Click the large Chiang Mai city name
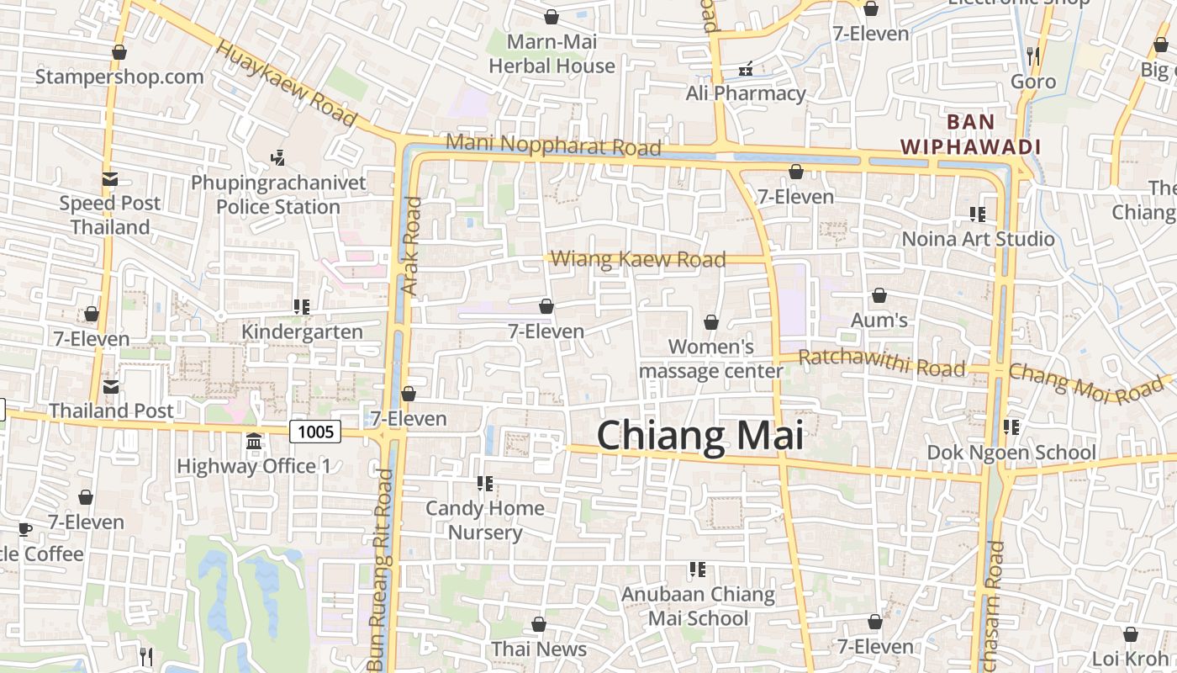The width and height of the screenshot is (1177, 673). (x=699, y=436)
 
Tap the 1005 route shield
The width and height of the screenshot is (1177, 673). (x=315, y=432)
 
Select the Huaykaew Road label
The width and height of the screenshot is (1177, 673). (x=287, y=82)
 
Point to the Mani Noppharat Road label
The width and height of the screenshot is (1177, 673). (x=553, y=145)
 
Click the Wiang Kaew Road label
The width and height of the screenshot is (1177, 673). (x=639, y=259)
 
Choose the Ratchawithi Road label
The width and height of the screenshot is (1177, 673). (x=881, y=363)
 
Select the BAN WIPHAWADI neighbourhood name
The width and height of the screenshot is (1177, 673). (x=970, y=135)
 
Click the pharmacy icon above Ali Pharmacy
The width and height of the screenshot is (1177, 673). (x=745, y=69)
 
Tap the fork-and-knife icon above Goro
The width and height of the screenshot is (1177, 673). (x=1033, y=56)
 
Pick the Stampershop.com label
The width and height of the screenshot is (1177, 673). (x=119, y=77)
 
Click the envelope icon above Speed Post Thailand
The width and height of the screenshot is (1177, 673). (x=110, y=178)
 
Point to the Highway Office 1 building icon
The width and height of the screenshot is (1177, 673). (x=253, y=442)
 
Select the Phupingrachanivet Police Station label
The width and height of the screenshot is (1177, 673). (x=278, y=194)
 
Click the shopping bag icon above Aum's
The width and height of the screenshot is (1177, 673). (x=879, y=295)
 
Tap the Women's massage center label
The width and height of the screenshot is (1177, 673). (x=711, y=358)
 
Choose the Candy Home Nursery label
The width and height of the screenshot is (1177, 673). (x=485, y=520)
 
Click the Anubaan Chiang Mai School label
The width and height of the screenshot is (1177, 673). (x=698, y=606)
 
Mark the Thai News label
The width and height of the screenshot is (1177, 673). (x=539, y=649)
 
